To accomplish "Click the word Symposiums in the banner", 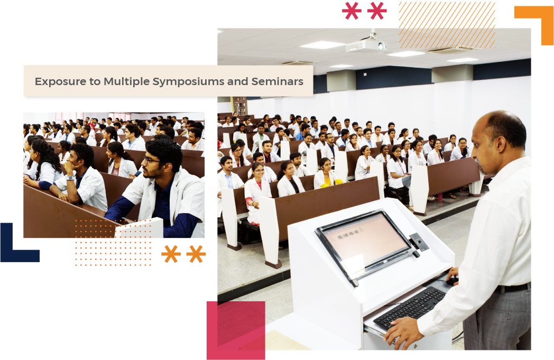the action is tap(188, 82).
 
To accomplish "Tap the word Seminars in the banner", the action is tap(278, 81).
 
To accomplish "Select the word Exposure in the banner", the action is tap(60, 82).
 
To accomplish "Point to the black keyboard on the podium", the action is tap(410, 307).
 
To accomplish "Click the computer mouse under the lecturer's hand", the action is tap(451, 281).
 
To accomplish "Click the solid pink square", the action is tap(236, 330).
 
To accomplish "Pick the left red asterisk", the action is tap(352, 11).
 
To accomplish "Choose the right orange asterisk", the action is tap(196, 254).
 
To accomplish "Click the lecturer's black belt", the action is tap(513, 288).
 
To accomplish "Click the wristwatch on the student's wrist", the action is tap(70, 178).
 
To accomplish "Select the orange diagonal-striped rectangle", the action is tap(447, 25).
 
